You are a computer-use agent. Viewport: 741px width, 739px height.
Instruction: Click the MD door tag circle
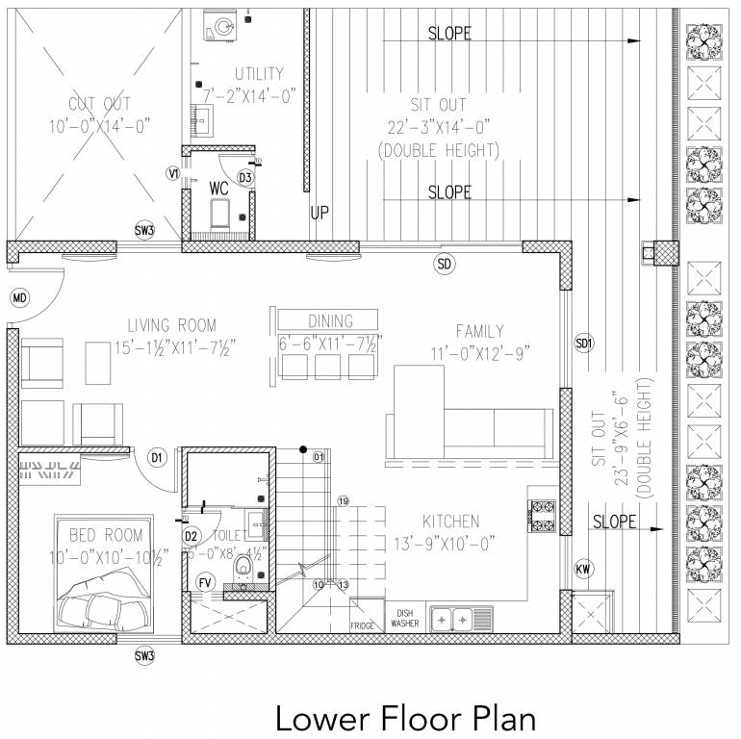click(19, 299)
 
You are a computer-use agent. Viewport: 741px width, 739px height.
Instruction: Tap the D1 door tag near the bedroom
click(159, 457)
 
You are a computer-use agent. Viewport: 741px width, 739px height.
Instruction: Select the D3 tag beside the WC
click(245, 177)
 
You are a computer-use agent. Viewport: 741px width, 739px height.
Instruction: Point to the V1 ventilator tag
click(173, 174)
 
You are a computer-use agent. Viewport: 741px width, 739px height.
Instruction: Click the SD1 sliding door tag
click(584, 343)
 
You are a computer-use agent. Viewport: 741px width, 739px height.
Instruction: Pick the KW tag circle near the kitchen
click(583, 570)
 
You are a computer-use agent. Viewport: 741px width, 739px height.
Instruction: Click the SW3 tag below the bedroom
click(144, 656)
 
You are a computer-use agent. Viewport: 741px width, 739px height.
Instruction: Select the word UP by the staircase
click(319, 213)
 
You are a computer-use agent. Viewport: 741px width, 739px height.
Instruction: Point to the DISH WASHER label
click(404, 618)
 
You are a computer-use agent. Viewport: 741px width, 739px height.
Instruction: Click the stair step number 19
click(342, 500)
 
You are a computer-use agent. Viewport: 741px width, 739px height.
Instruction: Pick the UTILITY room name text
click(258, 74)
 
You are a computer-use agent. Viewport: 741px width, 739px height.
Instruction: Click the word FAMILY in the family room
click(479, 331)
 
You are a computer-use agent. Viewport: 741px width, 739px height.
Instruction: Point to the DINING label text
click(330, 321)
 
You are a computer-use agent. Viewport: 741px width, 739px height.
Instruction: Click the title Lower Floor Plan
click(404, 717)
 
